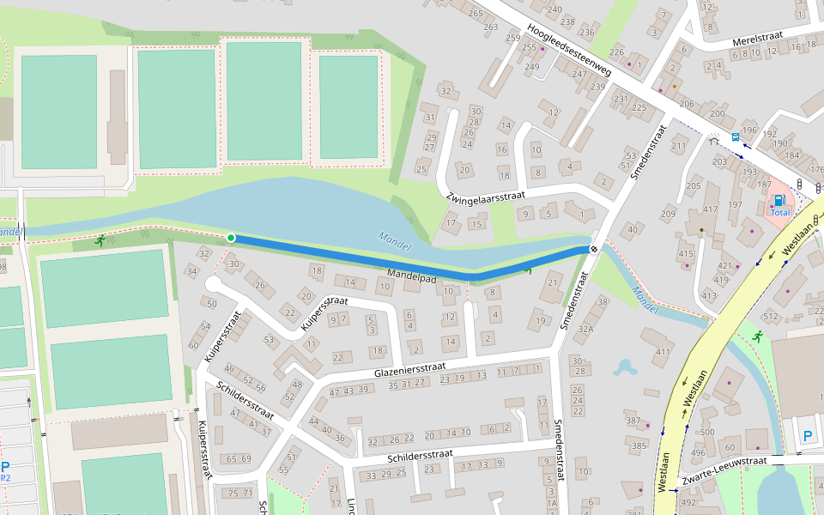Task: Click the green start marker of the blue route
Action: coord(231,238)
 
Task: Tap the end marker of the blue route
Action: coord(593,249)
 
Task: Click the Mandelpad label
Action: coord(412,276)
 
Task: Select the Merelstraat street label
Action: coord(759,41)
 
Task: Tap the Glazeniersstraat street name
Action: coord(408,371)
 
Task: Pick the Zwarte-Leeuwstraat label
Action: coord(723,467)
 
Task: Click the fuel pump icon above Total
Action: coord(779,200)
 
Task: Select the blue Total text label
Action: coord(779,212)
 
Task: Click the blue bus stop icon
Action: coord(736,136)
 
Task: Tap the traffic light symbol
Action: coord(799,185)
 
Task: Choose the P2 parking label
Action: coord(5,478)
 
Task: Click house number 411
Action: coord(663,353)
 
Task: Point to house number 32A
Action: coord(585,328)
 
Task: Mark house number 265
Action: coord(476,13)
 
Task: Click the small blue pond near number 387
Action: coord(624,368)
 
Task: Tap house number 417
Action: coord(710,209)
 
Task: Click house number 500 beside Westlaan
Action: coord(707,432)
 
